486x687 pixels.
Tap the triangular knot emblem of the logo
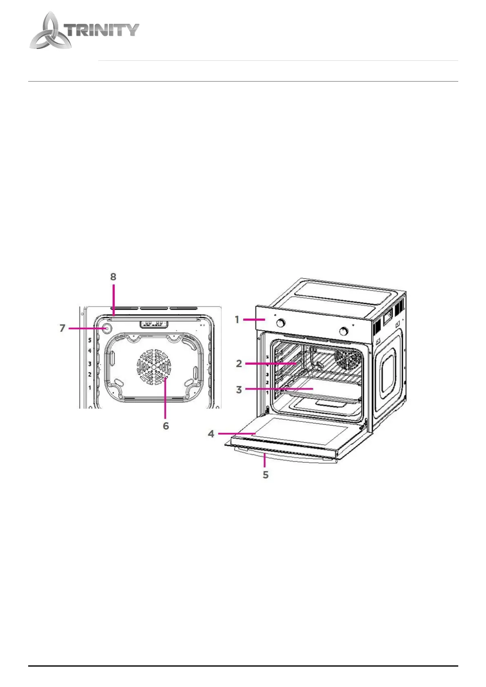click(x=48, y=33)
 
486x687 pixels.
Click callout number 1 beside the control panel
click(x=237, y=320)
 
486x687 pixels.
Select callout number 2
click(x=239, y=363)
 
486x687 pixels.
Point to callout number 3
click(x=239, y=390)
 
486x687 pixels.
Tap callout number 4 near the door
click(x=211, y=434)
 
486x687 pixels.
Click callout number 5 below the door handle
click(x=266, y=474)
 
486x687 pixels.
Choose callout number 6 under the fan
click(x=166, y=425)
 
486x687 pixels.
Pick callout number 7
click(x=62, y=328)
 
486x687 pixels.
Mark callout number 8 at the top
click(x=113, y=277)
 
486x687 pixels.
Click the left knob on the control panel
click(x=281, y=323)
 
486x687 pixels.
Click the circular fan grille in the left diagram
click(x=153, y=367)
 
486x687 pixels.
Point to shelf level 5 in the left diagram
click(x=90, y=340)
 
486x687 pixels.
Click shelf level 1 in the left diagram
click(x=90, y=388)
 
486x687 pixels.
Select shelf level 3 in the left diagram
click(x=90, y=364)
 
